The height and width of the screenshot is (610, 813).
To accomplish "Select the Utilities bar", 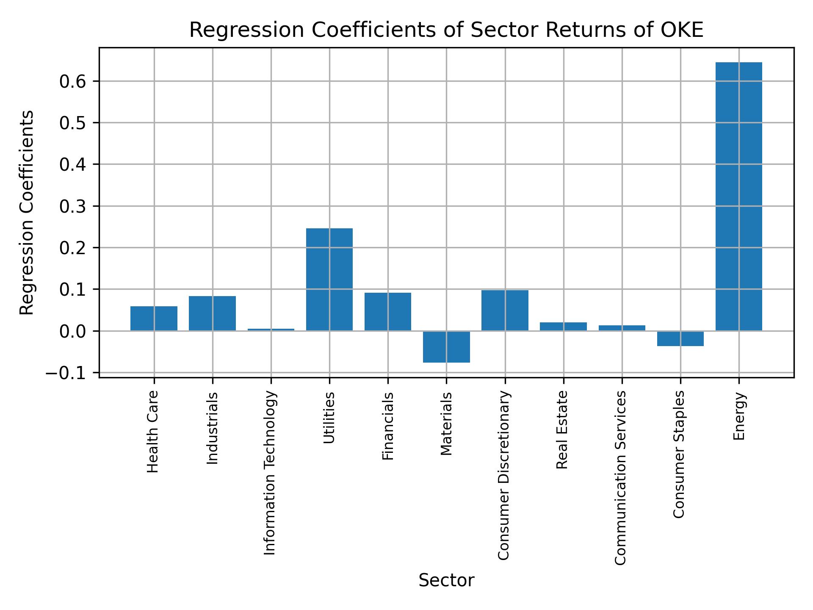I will click(x=329, y=280).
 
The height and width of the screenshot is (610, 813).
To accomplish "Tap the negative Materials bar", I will click(x=446, y=347).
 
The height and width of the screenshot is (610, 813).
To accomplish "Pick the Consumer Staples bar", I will click(x=680, y=338).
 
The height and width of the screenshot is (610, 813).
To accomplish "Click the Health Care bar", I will click(x=154, y=318).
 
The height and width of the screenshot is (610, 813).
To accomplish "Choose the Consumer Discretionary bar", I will click(x=505, y=310).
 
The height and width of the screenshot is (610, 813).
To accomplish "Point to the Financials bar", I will click(x=387, y=311).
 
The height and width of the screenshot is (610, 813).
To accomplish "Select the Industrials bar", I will click(x=212, y=313).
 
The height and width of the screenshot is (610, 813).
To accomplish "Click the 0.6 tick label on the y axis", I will click(x=73, y=82).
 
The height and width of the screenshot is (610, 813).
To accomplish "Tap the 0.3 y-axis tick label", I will click(x=73, y=207).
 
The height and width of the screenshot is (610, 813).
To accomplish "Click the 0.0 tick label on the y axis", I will click(x=73, y=331).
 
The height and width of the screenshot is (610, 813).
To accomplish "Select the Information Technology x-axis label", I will click(x=270, y=473).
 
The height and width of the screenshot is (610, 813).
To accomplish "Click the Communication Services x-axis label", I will click(x=620, y=477).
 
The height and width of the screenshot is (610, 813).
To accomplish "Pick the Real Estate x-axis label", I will click(x=562, y=430).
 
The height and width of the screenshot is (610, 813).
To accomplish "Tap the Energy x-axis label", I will click(x=739, y=416).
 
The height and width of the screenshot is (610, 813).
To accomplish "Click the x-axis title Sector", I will click(x=446, y=581).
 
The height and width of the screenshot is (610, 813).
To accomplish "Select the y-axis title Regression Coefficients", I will click(x=27, y=213).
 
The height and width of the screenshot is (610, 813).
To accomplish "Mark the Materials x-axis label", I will click(x=446, y=424).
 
